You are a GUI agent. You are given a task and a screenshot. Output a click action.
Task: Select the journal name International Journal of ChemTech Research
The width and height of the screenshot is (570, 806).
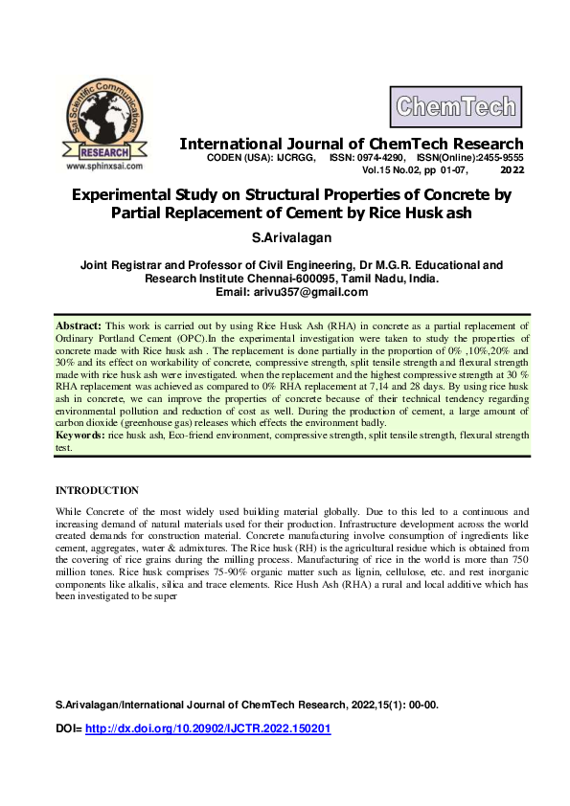[x=352, y=144]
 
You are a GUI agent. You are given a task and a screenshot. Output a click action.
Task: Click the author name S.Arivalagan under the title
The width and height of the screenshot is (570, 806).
[x=285, y=235]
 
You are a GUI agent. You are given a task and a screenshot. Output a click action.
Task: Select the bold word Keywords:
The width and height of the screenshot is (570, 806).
[x=80, y=436]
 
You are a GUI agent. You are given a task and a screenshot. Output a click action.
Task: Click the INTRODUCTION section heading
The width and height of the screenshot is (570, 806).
[x=97, y=490]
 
